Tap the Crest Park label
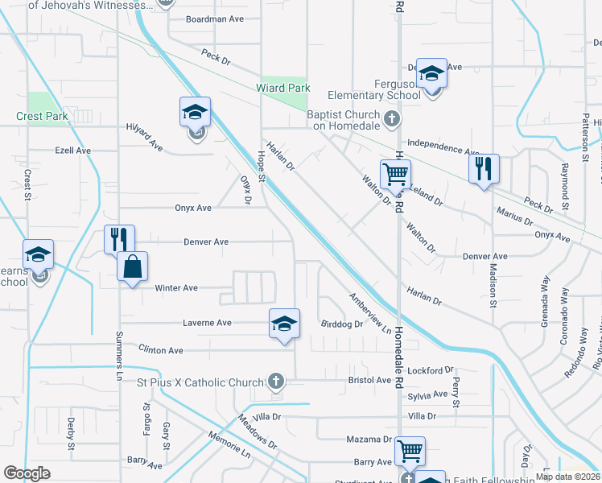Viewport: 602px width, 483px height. (x=42, y=116)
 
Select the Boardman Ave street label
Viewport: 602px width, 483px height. (x=214, y=19)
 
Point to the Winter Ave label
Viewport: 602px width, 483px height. (x=176, y=287)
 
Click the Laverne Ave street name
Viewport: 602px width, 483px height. (x=208, y=323)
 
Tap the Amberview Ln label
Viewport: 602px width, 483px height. (x=369, y=312)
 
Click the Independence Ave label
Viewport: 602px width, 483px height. (x=443, y=147)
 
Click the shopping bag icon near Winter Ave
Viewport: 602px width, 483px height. (x=133, y=266)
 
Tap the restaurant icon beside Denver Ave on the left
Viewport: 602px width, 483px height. (x=119, y=238)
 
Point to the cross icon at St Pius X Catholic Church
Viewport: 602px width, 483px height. (x=276, y=382)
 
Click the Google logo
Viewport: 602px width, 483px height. (x=27, y=473)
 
